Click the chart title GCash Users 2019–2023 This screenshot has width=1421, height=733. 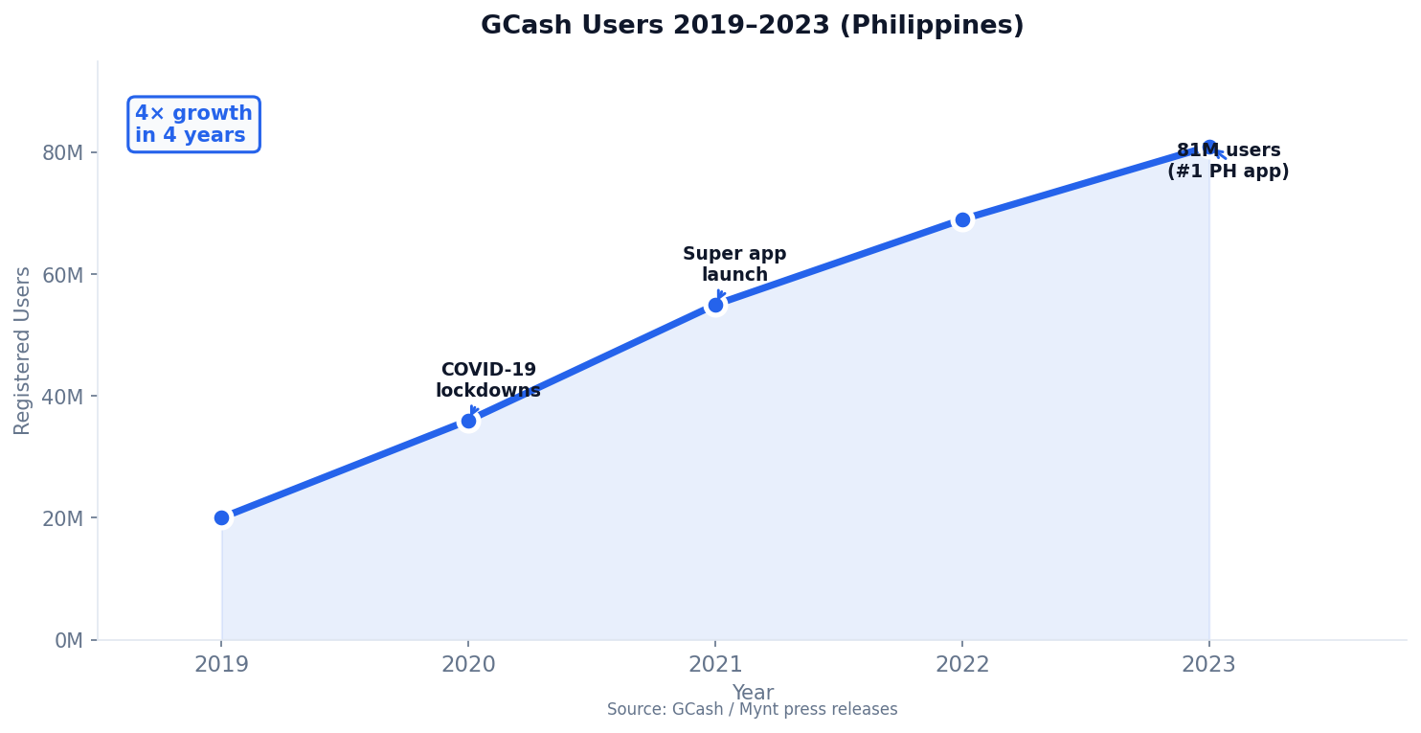[x=752, y=26]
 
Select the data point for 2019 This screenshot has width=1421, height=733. [x=222, y=517]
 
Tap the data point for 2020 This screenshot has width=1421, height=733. [x=468, y=421]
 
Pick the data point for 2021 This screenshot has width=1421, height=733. [x=715, y=305]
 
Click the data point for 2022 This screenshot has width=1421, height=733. [x=962, y=219]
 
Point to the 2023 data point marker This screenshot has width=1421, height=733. [x=1208, y=148]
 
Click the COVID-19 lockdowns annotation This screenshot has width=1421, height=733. [x=488, y=380]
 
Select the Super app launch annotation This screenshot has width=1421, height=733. [x=734, y=264]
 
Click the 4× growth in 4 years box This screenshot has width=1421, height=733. [x=193, y=125]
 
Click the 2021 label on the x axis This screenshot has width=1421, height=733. [x=715, y=665]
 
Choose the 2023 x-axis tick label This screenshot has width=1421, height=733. [x=1208, y=665]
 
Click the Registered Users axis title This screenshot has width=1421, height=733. [x=23, y=350]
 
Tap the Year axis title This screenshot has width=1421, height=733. [x=753, y=693]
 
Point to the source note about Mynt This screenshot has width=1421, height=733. [x=753, y=710]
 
